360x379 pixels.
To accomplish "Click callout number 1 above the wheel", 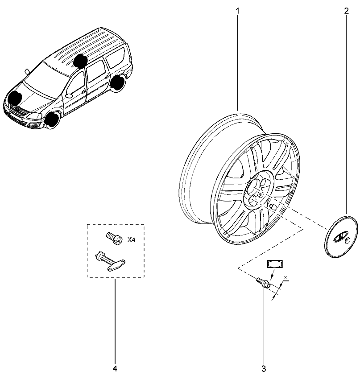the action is (237, 11).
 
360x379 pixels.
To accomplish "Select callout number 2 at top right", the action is (347, 11).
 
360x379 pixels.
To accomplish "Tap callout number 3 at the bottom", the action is (264, 369).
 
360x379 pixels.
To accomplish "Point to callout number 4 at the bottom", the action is (115, 369).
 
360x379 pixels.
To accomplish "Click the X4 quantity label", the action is (131, 240).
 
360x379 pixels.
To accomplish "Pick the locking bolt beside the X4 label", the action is (114, 238).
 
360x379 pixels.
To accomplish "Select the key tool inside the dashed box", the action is (110, 262).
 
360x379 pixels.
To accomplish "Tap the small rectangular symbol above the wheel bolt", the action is (275, 264).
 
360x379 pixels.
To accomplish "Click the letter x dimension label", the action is (286, 277).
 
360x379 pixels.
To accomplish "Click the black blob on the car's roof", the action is (80, 61).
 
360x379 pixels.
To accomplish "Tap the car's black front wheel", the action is (53, 120).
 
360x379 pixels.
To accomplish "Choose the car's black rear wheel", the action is (119, 82).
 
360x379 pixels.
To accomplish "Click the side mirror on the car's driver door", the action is (69, 95).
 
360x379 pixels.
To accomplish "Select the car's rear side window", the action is (115, 58).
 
